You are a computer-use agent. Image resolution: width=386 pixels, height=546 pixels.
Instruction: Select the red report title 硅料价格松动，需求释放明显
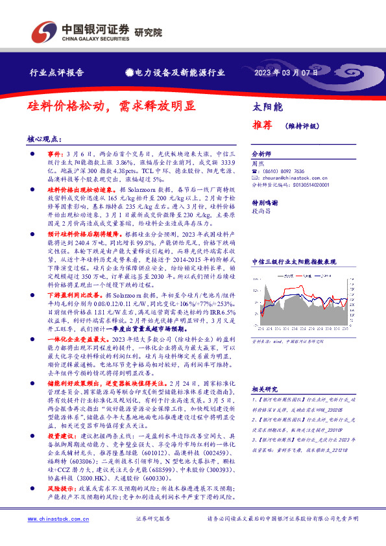[x=111, y=105]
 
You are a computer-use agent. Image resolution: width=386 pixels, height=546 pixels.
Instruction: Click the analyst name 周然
[x=258, y=164]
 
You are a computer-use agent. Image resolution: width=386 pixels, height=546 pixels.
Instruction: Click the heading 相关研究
[x=265, y=389]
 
